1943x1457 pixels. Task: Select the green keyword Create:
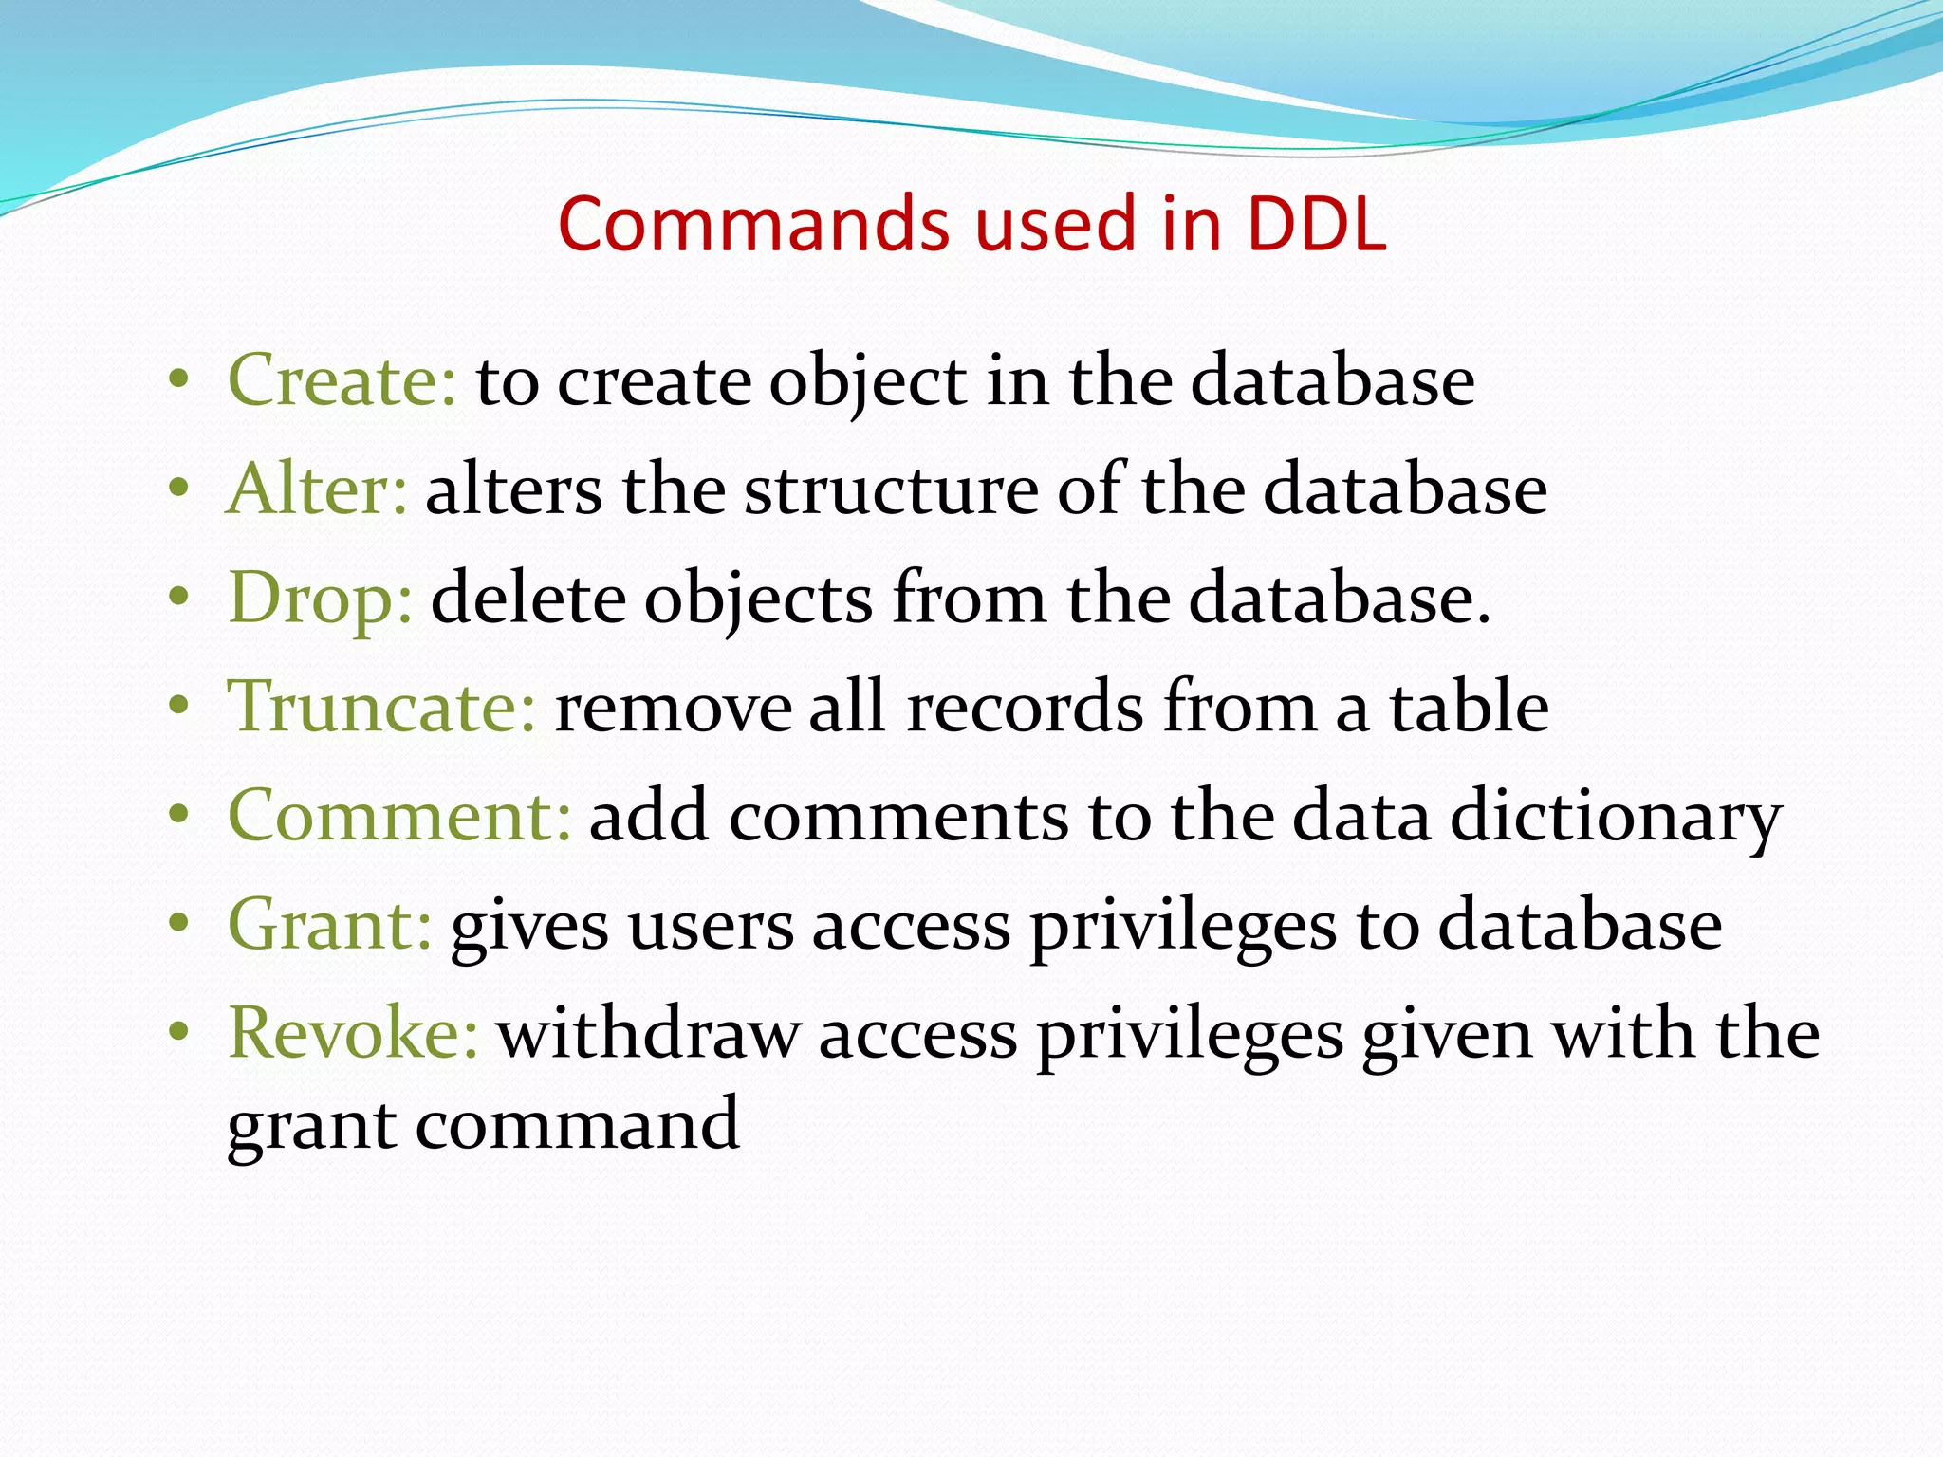coord(342,380)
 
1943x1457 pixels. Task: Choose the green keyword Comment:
coord(399,816)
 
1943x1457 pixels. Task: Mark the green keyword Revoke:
coord(354,1033)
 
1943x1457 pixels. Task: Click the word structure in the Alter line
coord(891,489)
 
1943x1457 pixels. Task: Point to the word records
coord(1025,708)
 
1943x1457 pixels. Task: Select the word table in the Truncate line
coord(1470,708)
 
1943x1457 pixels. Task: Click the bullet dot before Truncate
coord(178,708)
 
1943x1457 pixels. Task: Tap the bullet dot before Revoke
coord(178,1033)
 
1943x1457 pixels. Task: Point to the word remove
coord(673,708)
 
